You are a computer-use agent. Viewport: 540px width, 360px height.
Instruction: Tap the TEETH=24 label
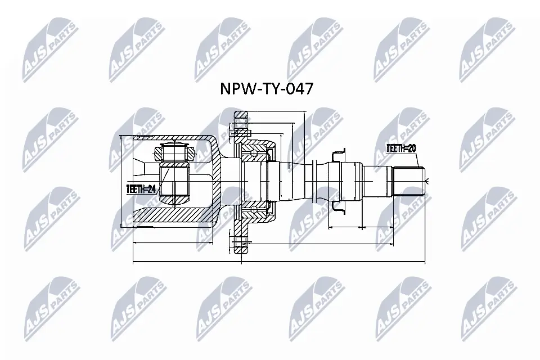pos(141,190)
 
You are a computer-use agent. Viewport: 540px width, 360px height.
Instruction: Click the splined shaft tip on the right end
pos(409,181)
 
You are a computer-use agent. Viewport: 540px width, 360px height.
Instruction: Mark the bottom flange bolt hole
pos(241,244)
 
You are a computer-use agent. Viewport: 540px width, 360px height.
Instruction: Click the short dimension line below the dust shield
pos(345,227)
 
